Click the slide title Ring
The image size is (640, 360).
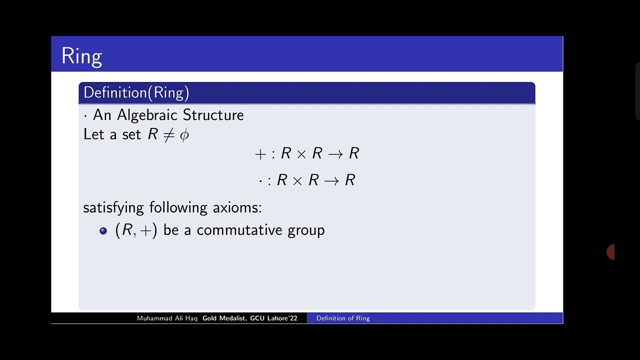click(81, 56)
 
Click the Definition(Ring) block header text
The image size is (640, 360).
click(136, 92)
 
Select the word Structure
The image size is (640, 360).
click(213, 115)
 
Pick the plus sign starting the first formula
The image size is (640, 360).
click(260, 154)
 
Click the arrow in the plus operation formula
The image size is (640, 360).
click(335, 154)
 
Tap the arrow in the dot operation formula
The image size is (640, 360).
click(331, 180)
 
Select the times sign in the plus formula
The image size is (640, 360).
click(301, 154)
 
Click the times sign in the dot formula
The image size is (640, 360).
click(297, 180)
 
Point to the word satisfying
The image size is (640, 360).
click(113, 207)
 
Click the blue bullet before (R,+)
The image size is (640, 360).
click(103, 230)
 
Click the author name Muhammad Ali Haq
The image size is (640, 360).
click(167, 318)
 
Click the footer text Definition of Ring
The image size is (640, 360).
click(343, 318)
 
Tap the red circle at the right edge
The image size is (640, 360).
click(610, 252)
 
